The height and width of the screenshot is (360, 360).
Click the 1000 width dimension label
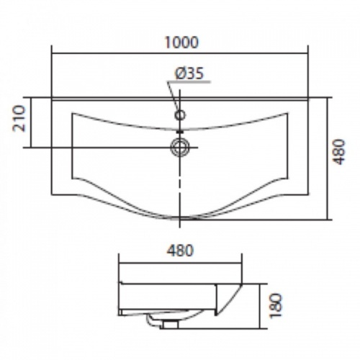pos(181,42)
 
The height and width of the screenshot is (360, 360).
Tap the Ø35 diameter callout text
pos(189,73)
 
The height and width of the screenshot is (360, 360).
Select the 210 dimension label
pos(19,119)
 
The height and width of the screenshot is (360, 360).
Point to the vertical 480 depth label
pos(339,151)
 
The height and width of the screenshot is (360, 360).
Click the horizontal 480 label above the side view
pos(180,251)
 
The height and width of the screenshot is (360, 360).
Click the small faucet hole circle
pos(180,115)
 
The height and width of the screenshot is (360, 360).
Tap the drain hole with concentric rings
pos(180,147)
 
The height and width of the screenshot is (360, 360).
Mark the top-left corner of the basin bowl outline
pos(72,113)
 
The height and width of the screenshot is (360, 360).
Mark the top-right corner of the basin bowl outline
pos(287,113)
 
